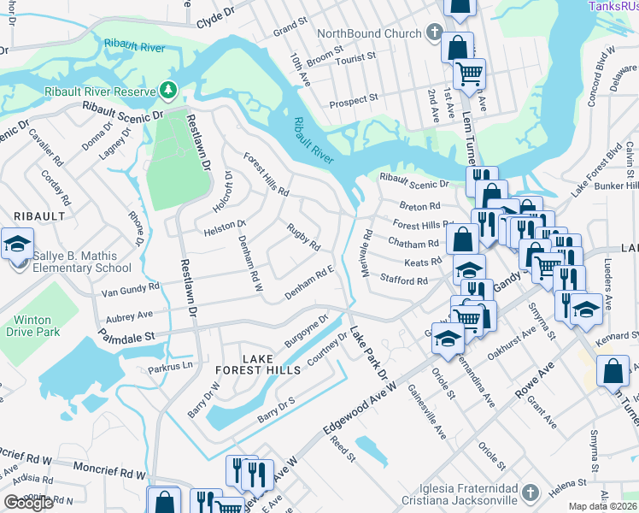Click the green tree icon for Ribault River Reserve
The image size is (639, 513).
click(x=168, y=90)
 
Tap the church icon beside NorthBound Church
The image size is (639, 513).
click(x=433, y=33)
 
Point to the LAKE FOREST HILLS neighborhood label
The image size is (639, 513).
click(x=271, y=364)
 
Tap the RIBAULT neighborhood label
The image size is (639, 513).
click(x=38, y=216)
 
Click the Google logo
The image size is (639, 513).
click(x=28, y=503)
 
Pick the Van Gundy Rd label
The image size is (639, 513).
click(x=131, y=289)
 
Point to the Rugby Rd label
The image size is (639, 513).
click(x=303, y=239)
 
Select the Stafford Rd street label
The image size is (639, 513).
click(x=403, y=280)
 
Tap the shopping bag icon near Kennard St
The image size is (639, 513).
click(x=613, y=372)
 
